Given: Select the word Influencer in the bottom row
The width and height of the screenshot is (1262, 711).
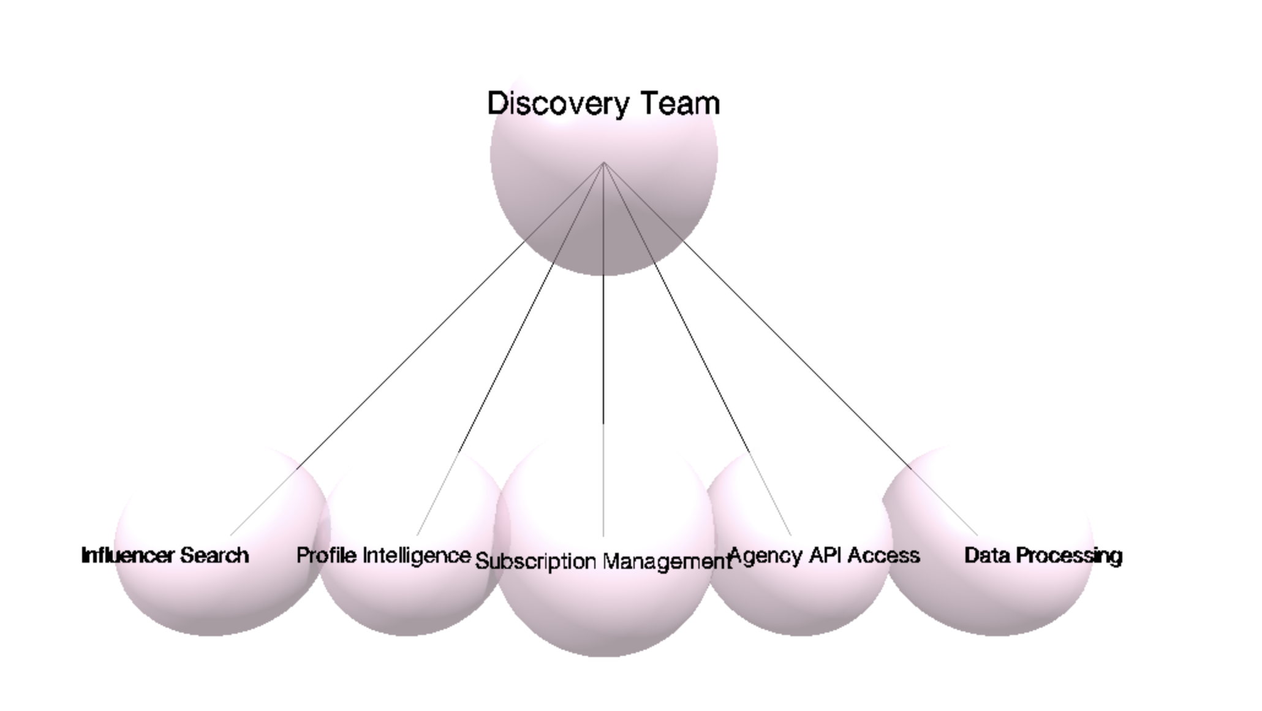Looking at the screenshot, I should point(127,555).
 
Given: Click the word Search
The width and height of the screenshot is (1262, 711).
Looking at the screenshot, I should point(214,555).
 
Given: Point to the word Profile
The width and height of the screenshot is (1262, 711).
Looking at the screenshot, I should point(326,555).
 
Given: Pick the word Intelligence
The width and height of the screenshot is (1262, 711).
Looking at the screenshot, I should point(417,555).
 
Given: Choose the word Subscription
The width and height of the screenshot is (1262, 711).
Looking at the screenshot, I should point(535,561).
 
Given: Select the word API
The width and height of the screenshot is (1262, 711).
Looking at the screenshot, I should point(826,555).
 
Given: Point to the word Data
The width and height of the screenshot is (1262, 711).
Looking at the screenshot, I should point(986,555).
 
